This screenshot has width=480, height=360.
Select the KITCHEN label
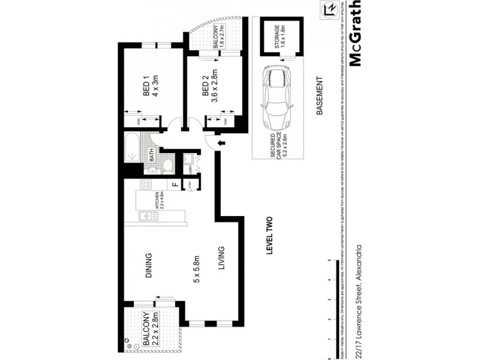click(x=156, y=198)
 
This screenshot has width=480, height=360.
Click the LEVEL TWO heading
click(x=269, y=237)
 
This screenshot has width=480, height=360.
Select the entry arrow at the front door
click(x=220, y=143)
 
